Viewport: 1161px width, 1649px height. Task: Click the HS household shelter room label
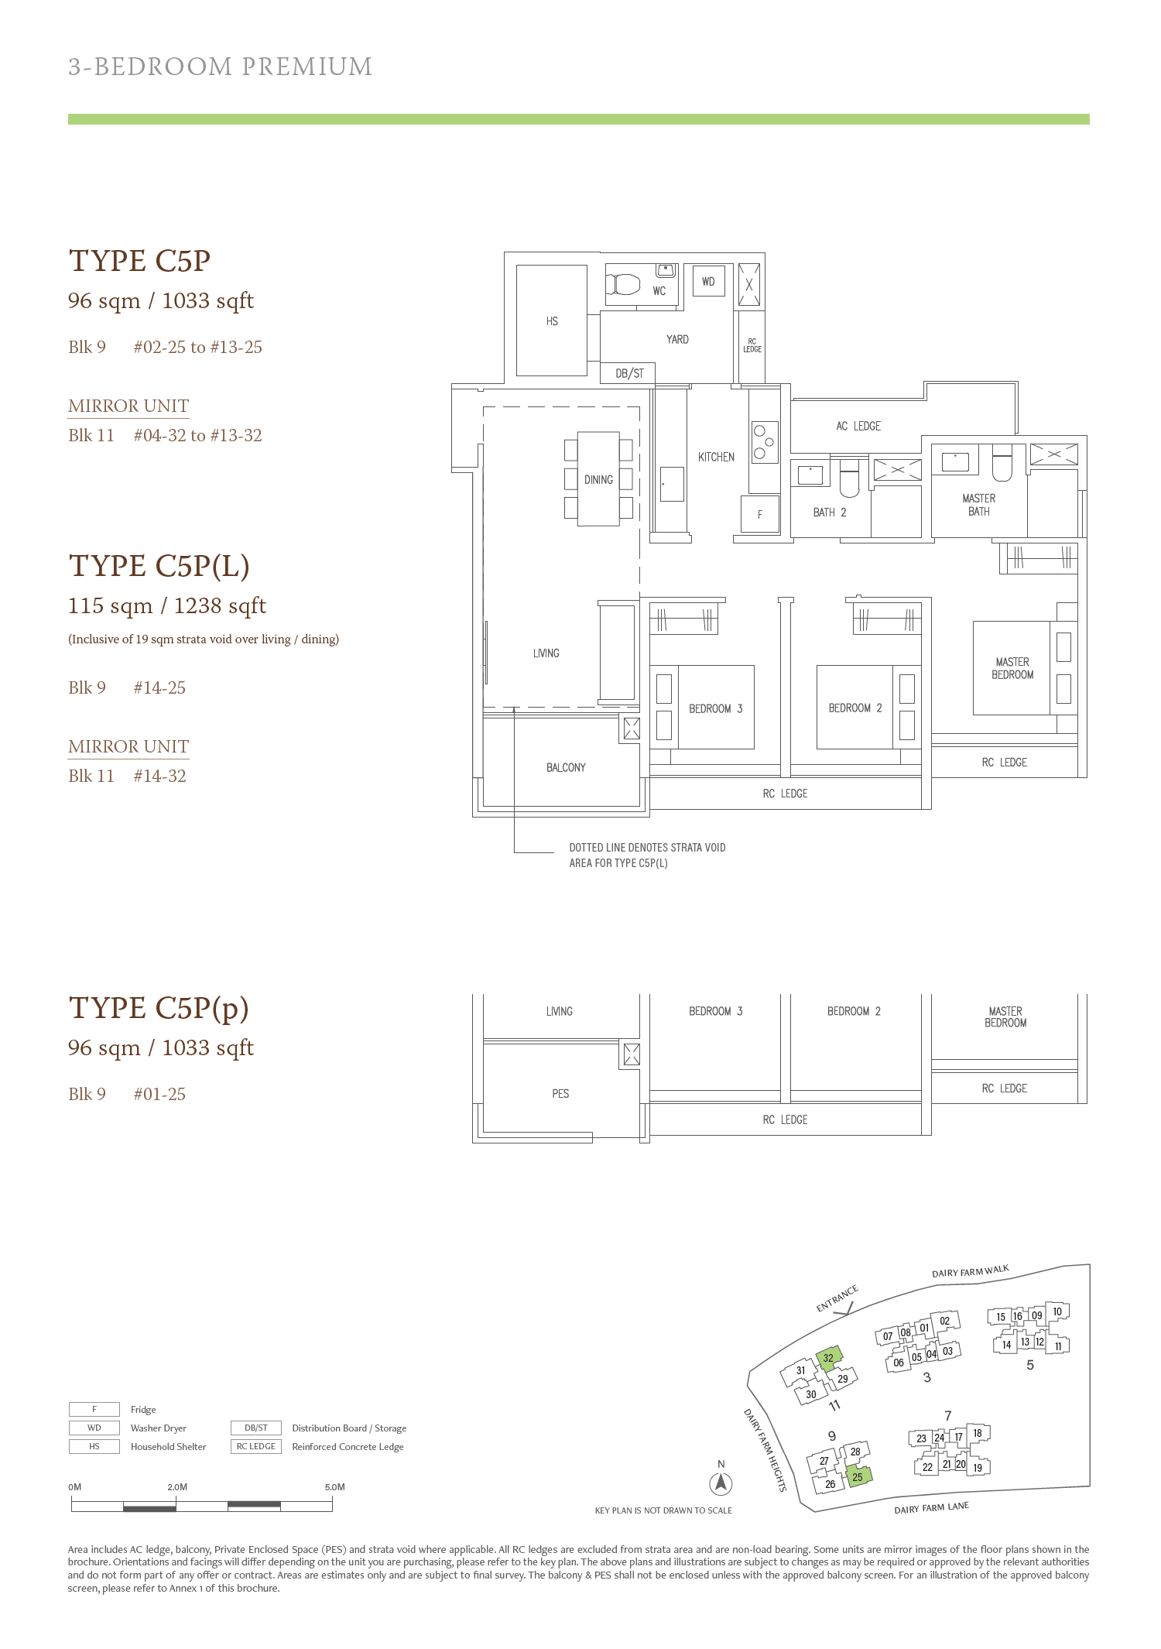pos(552,321)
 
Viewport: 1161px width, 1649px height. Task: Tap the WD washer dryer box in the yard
pos(708,282)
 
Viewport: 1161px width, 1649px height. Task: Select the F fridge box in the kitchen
pos(759,514)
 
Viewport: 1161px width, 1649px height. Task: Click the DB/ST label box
pos(629,373)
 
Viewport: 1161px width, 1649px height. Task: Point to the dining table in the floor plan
pos(598,479)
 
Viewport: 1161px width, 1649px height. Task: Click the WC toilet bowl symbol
pos(624,284)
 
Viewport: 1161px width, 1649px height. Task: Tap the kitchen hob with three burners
pos(764,442)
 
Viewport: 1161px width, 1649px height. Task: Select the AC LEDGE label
pos(858,427)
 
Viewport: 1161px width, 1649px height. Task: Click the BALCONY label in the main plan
pos(566,768)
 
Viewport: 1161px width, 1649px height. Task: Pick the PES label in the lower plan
pos(560,1094)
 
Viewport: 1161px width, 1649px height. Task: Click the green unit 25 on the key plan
pos(858,1476)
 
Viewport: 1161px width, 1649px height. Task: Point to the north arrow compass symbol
pos(721,1483)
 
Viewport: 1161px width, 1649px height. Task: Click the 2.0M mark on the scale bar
pos(177,1487)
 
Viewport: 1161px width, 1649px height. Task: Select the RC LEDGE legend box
pos(256,1446)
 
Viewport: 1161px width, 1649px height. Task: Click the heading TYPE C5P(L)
pos(159,566)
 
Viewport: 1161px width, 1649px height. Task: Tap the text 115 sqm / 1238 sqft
pos(167,605)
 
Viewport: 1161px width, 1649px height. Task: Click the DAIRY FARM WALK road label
pos(971,1271)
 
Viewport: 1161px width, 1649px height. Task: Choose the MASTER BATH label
pos(979,505)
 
